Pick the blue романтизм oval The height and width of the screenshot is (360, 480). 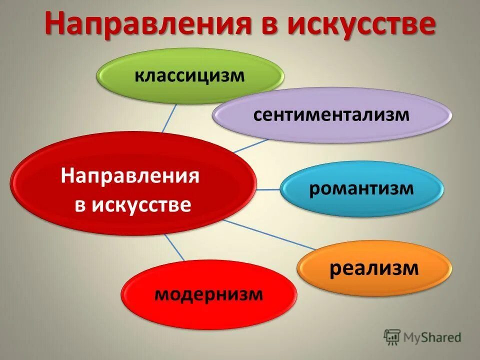(x=361, y=189)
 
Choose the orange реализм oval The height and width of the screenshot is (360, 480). (x=374, y=269)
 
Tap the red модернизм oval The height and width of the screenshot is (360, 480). (x=209, y=294)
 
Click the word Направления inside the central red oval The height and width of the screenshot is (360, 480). (x=130, y=176)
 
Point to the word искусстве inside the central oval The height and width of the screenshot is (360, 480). (x=141, y=204)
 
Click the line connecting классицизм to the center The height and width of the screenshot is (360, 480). (x=169, y=117)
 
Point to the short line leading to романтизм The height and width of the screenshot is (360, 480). (x=267, y=189)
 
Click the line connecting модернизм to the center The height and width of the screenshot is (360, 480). (x=175, y=248)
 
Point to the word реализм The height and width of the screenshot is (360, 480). (x=374, y=269)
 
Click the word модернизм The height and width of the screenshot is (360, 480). (x=209, y=294)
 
